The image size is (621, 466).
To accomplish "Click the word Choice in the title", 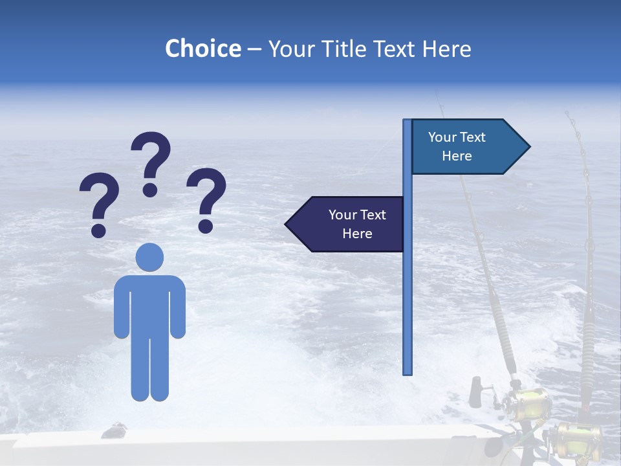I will point(202,49).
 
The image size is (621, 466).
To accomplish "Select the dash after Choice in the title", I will point(254,49).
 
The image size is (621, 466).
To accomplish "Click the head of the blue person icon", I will point(149,257).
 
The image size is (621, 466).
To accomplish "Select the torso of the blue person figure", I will point(149,304).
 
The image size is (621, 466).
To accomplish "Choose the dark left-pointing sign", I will point(346,224).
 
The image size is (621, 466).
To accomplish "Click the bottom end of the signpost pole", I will point(408,372).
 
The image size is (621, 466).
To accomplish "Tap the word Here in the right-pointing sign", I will point(457,156).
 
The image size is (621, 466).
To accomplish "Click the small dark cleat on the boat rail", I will point(115,429).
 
